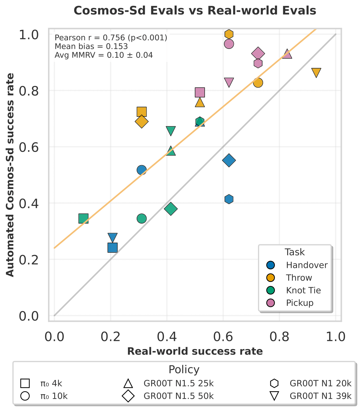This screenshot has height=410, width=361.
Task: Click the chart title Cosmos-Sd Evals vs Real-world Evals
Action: (x=195, y=11)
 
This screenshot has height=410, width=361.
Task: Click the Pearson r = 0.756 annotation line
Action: (x=111, y=38)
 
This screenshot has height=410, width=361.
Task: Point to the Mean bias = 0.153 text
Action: (x=91, y=46)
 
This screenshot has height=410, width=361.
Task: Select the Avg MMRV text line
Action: (x=104, y=55)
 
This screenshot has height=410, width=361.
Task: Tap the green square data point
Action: (x=83, y=218)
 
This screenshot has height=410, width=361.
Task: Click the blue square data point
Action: (x=113, y=248)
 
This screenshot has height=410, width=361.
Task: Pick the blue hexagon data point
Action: (x=229, y=199)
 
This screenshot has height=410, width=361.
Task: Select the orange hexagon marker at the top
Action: (x=229, y=34)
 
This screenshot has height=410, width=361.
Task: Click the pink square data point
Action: (x=200, y=92)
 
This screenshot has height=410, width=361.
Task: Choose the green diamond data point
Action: (x=171, y=209)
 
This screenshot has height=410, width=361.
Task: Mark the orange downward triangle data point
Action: (x=316, y=73)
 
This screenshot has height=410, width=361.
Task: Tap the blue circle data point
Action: (x=142, y=170)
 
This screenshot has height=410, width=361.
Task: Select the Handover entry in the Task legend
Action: (x=307, y=265)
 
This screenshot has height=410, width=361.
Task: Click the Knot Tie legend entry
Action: (x=303, y=290)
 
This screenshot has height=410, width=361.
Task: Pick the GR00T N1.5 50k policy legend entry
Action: (x=179, y=396)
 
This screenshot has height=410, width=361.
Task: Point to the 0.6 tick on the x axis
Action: (x=223, y=336)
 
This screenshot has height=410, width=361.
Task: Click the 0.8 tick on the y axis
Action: (x=28, y=91)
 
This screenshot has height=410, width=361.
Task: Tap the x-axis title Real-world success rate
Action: (x=195, y=352)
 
